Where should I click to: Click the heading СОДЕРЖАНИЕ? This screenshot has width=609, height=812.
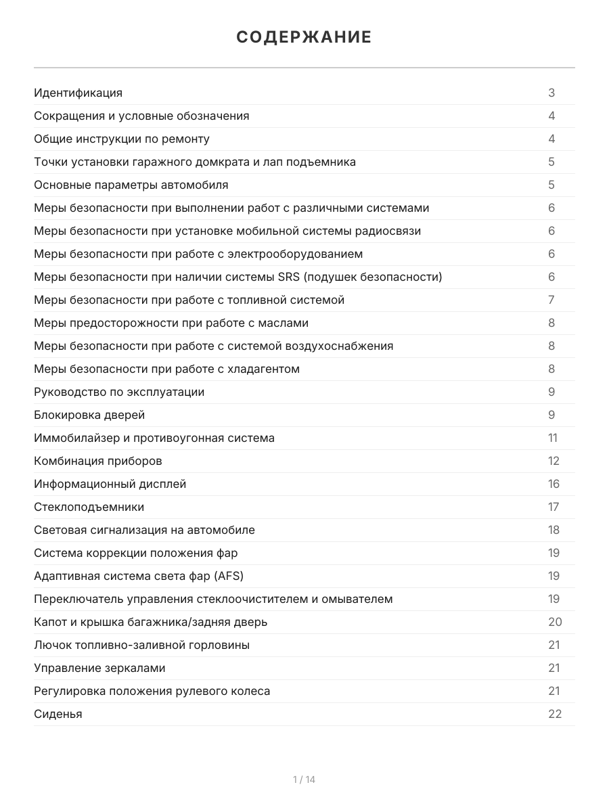click(304, 37)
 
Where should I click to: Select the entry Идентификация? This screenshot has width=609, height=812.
click(78, 93)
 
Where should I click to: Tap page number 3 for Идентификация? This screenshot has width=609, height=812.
click(551, 93)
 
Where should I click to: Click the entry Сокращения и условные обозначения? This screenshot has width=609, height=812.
click(141, 116)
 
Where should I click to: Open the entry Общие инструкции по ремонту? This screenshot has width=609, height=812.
click(122, 139)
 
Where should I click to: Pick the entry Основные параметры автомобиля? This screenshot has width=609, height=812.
click(131, 185)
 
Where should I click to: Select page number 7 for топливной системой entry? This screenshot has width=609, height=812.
click(551, 300)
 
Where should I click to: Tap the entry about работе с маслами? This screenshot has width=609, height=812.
click(171, 323)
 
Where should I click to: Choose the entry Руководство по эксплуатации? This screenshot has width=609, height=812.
click(119, 392)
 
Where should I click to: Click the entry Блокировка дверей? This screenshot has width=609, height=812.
click(89, 415)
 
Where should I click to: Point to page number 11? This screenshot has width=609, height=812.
click(553, 438)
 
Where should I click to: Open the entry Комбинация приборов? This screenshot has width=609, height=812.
click(98, 461)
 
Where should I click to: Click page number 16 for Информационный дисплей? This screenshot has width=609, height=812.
click(554, 484)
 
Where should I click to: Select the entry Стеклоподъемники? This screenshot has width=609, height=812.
click(89, 507)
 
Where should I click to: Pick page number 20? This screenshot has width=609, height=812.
click(555, 622)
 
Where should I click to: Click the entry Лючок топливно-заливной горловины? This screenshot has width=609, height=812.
click(141, 645)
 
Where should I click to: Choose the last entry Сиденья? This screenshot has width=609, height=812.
click(58, 714)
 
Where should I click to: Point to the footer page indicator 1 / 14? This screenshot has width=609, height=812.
click(304, 780)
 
